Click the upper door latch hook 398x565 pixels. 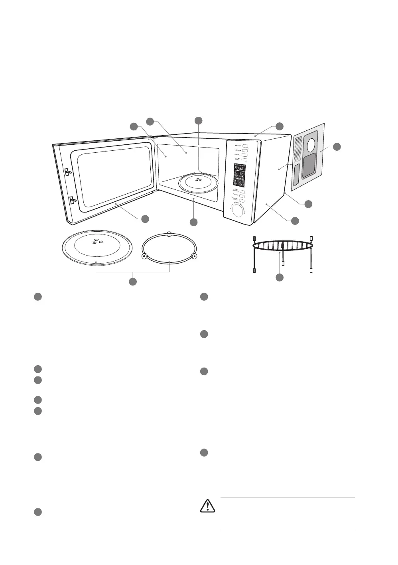pos(68,172)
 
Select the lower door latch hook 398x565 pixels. pos(72,200)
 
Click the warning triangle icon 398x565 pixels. pos(207,506)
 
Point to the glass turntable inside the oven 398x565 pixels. pos(197,182)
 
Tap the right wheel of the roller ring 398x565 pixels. pos(194,256)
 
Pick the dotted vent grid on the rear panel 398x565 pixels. pos(298,150)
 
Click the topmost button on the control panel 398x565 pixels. pos(245,146)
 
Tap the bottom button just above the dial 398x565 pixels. pos(242,200)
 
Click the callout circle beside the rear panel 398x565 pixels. pos(337,146)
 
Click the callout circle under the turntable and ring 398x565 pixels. pos(133,282)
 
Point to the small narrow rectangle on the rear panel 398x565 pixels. pos(298,175)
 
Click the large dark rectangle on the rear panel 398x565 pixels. pos(310,167)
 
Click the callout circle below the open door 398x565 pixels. pos(145,219)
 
